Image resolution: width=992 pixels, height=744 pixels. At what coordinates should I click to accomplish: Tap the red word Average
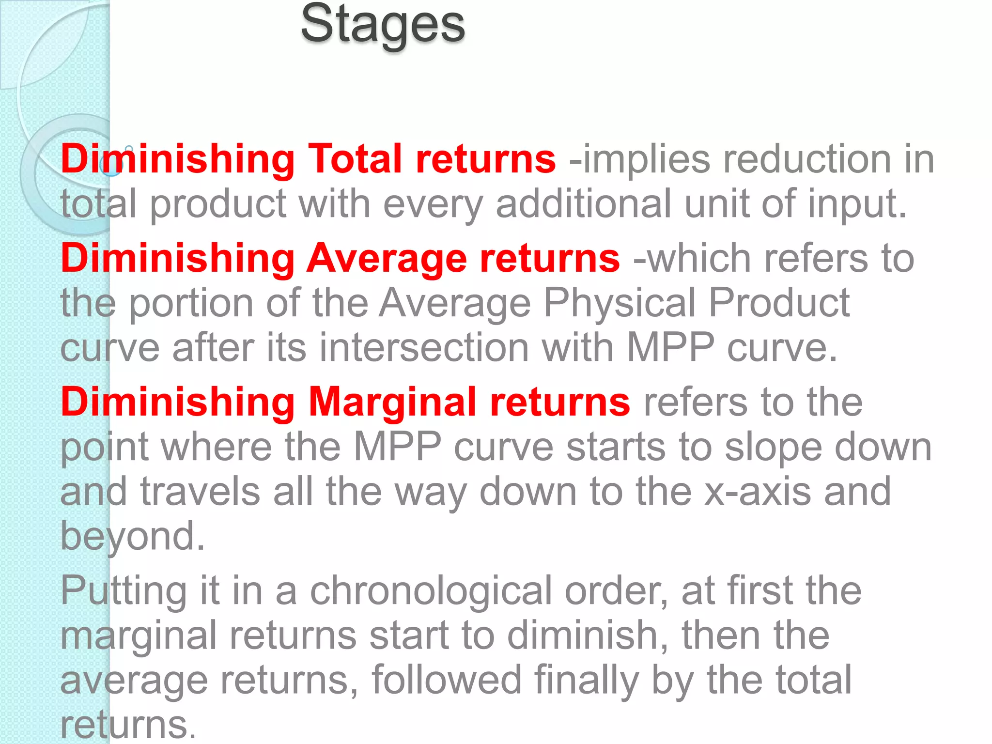[x=387, y=259]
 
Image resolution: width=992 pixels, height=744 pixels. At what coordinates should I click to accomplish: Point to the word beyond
[x=132, y=537]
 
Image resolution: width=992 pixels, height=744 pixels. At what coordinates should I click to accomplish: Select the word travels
[x=200, y=492]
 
